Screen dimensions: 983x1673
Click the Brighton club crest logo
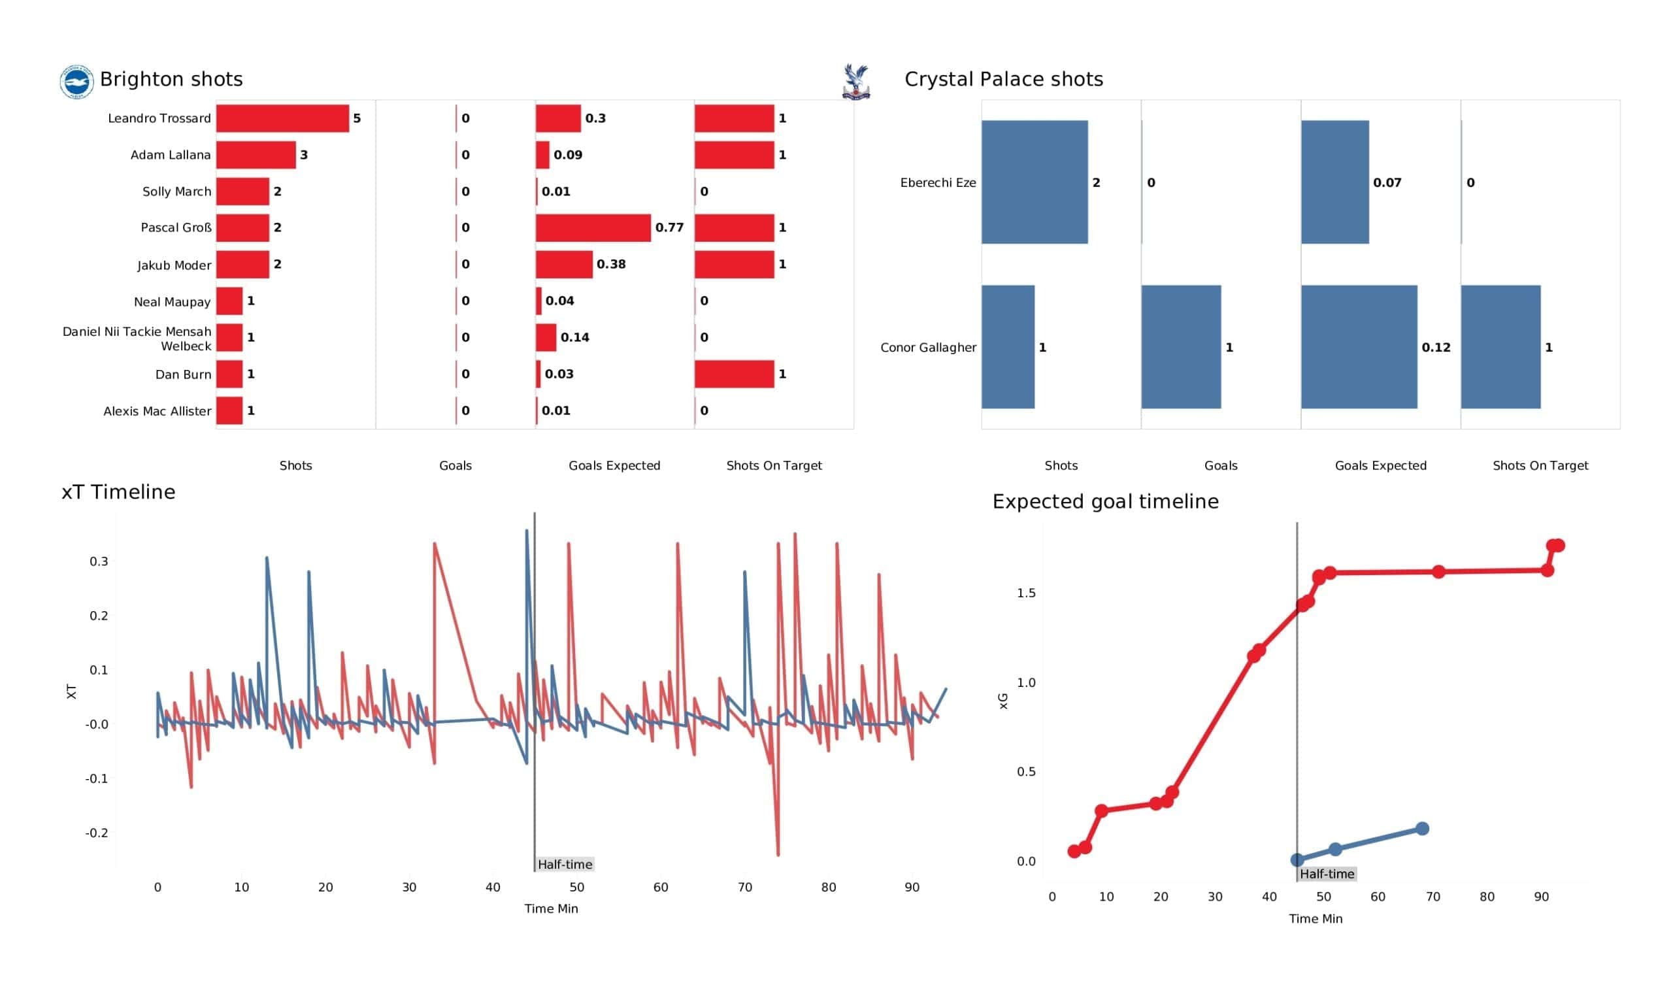[x=76, y=82]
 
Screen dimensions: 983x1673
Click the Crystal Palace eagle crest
[x=855, y=82]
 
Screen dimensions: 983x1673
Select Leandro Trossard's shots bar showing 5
[x=282, y=118]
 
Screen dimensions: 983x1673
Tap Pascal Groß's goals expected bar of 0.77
[x=593, y=228]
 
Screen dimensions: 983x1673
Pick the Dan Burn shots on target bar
[x=735, y=374]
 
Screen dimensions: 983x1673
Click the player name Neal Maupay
[x=172, y=302]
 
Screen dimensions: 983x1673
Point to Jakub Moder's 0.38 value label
[x=611, y=264]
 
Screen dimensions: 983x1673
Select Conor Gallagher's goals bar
[x=1181, y=346]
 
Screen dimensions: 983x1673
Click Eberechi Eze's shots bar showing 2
[x=1035, y=182]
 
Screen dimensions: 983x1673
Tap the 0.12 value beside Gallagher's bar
[x=1435, y=347]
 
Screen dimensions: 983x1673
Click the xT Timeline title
[x=118, y=492]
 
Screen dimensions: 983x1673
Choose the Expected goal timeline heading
[x=1105, y=501]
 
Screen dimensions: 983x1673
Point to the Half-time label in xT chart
[x=565, y=864]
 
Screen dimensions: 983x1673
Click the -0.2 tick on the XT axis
[x=97, y=833]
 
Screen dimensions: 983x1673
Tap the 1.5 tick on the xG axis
[x=1026, y=593]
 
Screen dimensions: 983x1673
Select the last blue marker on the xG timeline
[x=1422, y=829]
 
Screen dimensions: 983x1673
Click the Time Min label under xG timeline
[x=1315, y=919]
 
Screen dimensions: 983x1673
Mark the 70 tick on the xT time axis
[x=744, y=888]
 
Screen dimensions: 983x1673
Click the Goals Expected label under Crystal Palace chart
[x=1380, y=465]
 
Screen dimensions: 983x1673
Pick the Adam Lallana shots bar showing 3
[x=256, y=155]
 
